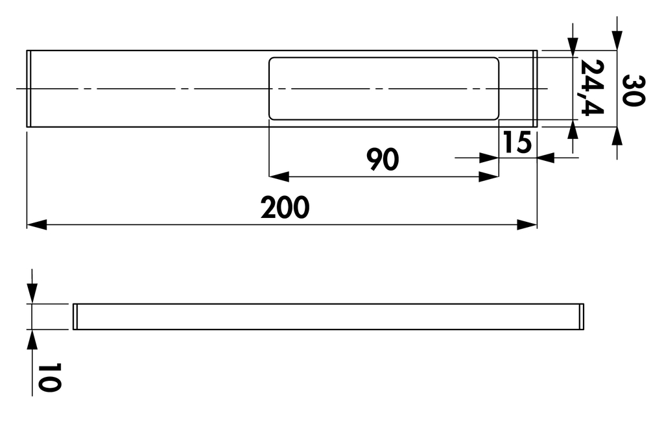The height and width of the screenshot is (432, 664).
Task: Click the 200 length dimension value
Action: click(x=285, y=207)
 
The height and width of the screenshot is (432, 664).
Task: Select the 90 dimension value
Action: click(x=383, y=160)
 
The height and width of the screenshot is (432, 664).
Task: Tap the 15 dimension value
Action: click(x=517, y=142)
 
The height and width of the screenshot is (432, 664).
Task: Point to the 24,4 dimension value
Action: click(x=591, y=88)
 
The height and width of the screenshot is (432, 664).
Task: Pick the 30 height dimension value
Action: click(x=634, y=90)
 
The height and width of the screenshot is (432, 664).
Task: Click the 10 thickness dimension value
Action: click(x=49, y=377)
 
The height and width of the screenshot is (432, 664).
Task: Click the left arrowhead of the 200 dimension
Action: click(x=37, y=225)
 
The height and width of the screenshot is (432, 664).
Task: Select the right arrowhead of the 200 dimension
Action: click(x=527, y=225)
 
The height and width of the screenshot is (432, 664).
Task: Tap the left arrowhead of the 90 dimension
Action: click(x=279, y=176)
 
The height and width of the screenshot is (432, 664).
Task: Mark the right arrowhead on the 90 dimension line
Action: click(x=489, y=176)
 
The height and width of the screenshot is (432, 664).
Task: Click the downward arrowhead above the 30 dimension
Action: click(x=617, y=40)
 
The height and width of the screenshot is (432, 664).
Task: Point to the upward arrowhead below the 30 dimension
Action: click(x=617, y=137)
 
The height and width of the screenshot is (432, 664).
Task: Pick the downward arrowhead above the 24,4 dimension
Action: click(x=573, y=47)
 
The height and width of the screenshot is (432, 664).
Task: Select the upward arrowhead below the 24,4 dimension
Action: click(x=573, y=130)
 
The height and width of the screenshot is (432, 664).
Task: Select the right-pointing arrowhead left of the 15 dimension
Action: click(x=489, y=158)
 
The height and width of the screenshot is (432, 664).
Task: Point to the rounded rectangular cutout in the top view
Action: click(x=384, y=88)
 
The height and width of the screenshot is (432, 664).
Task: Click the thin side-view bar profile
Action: click(x=328, y=317)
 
